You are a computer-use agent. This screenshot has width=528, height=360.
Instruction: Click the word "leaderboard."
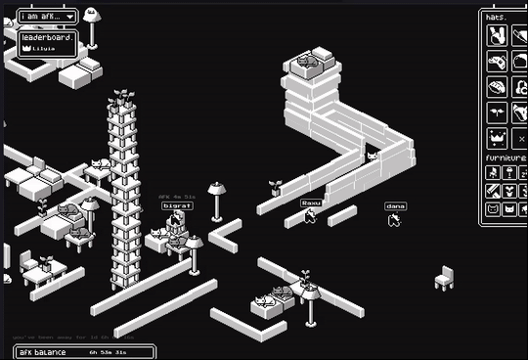pos(47,36)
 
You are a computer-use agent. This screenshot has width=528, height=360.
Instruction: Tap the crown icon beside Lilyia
pos(26,47)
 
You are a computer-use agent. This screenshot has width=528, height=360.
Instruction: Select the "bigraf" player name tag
pos(177,206)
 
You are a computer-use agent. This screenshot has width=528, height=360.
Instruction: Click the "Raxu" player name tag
pos(311,202)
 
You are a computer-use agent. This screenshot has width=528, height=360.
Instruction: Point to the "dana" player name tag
pos(395,206)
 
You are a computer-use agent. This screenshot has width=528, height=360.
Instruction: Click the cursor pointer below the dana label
pos(394,220)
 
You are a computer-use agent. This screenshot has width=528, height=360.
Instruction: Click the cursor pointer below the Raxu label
pos(310,216)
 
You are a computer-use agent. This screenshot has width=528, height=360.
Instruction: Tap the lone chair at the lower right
pos(444,278)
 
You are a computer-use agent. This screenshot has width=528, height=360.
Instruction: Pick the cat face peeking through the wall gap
pos(372,156)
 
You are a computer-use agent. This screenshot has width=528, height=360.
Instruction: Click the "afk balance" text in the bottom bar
pos(43,351)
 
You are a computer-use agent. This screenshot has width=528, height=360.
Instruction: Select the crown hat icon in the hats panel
pos(496,137)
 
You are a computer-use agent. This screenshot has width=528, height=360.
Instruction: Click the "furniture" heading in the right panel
pos(505,157)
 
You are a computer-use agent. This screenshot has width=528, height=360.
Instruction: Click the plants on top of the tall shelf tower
pos(123,97)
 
